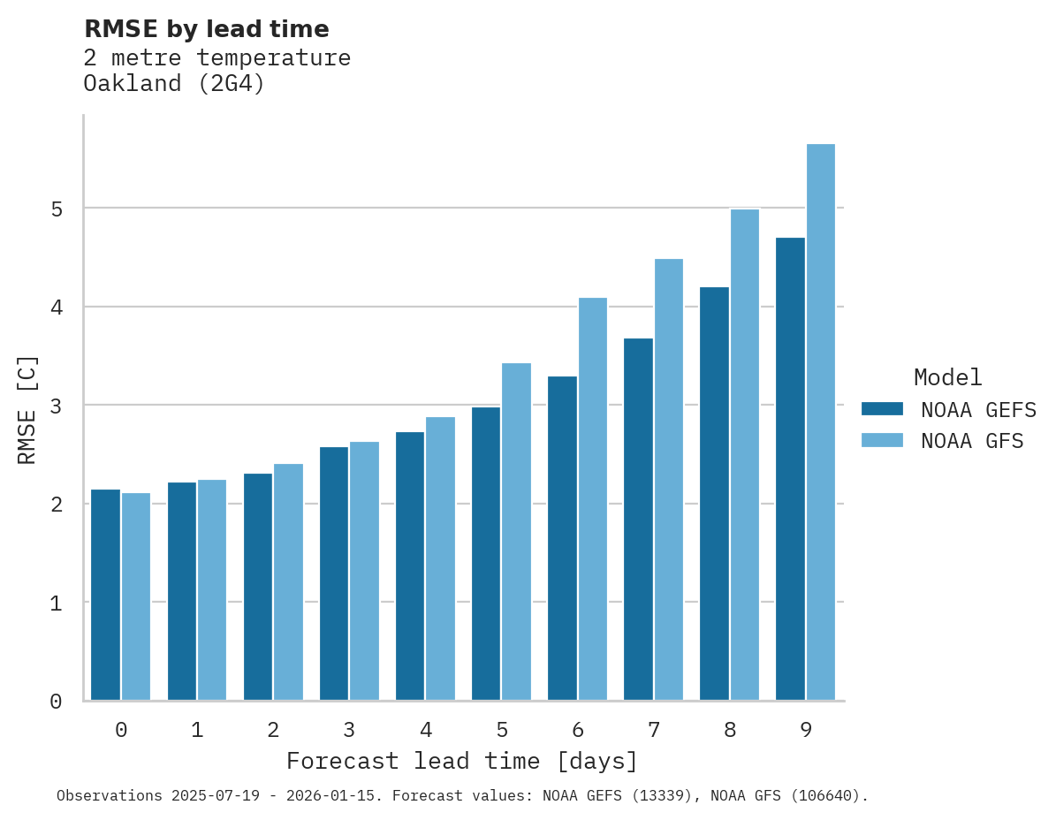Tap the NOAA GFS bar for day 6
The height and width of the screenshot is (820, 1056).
[592, 499]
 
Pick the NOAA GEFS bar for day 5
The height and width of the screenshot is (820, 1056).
[486, 554]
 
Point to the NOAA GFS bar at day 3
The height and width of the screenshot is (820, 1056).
[364, 571]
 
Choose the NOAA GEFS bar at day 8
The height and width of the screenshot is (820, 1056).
[714, 494]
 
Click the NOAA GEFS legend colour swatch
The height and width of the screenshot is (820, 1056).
[882, 409]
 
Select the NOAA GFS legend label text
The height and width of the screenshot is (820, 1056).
[972, 441]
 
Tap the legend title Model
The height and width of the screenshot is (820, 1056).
[947, 378]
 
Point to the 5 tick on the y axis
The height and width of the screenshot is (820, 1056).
[57, 209]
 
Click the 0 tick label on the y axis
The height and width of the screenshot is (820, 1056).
[57, 702]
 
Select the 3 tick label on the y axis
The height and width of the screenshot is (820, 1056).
[57, 406]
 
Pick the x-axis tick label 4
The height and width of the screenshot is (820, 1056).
[426, 731]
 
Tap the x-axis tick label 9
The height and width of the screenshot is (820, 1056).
[806, 731]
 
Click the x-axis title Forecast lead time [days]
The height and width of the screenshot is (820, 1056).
[461, 761]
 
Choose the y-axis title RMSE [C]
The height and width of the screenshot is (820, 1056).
[28, 409]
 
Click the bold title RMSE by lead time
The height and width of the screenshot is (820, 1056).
[206, 29]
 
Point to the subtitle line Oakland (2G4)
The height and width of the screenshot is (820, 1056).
[174, 84]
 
